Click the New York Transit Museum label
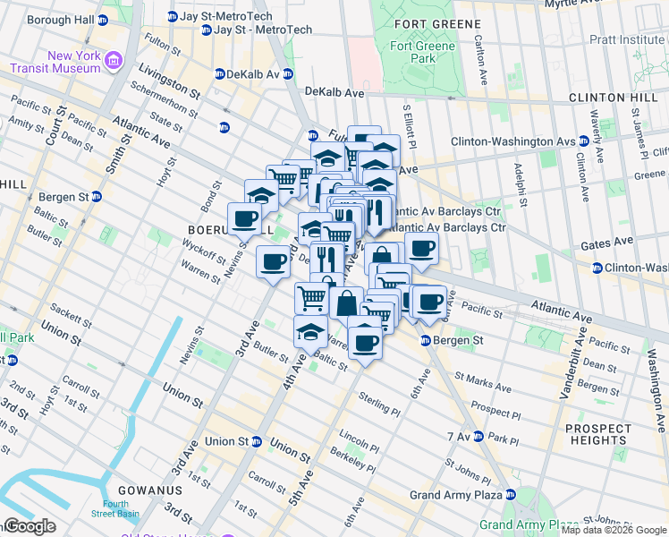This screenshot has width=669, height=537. (55, 61)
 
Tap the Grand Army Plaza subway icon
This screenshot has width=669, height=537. (510, 495)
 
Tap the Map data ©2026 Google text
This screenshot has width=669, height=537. (614, 530)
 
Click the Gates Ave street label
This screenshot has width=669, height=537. (606, 242)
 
